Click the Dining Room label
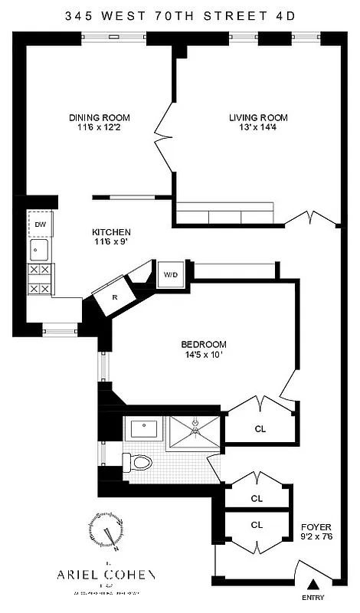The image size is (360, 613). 100,117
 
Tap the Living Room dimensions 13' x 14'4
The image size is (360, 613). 258,129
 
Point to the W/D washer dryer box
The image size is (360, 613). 169,274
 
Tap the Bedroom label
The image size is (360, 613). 204,344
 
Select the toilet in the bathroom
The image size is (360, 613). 137,462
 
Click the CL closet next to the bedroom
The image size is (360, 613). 260,428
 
